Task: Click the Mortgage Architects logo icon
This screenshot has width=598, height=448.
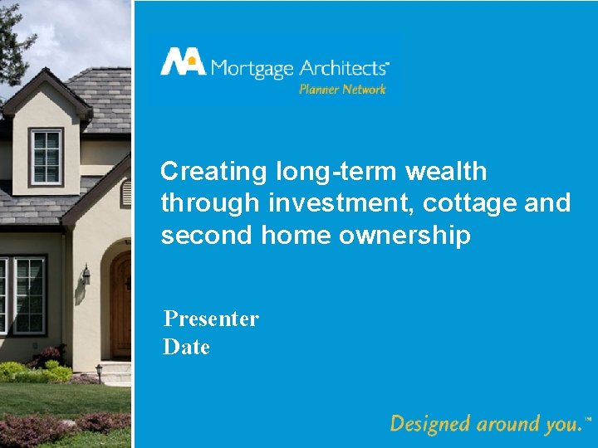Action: pyautogui.click(x=182, y=62)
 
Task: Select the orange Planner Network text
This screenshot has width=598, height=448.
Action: pyautogui.click(x=342, y=89)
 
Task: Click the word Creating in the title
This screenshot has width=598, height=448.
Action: pyautogui.click(x=212, y=172)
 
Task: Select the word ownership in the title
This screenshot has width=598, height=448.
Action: pyautogui.click(x=408, y=236)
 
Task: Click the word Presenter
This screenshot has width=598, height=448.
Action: pyautogui.click(x=211, y=319)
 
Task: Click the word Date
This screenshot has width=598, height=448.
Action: pyautogui.click(x=186, y=347)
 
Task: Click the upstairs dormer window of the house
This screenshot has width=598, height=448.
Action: pyautogui.click(x=46, y=157)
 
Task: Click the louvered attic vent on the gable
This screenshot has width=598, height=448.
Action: pyautogui.click(x=126, y=193)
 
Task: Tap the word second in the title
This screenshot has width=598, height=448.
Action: pyautogui.click(x=207, y=236)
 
